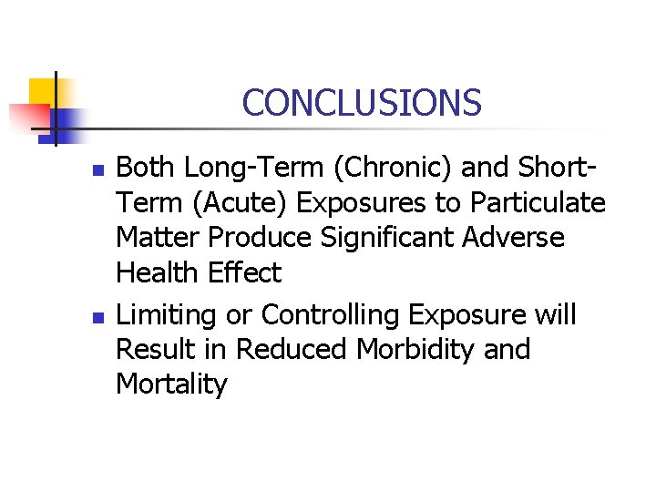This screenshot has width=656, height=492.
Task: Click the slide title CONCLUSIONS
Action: click(x=362, y=102)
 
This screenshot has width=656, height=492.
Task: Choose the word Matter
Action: click(x=159, y=237)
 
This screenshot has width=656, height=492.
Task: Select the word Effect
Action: click(x=244, y=272)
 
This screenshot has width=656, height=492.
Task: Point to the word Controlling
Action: click(x=330, y=314)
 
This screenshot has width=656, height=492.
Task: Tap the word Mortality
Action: click(x=171, y=384)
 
